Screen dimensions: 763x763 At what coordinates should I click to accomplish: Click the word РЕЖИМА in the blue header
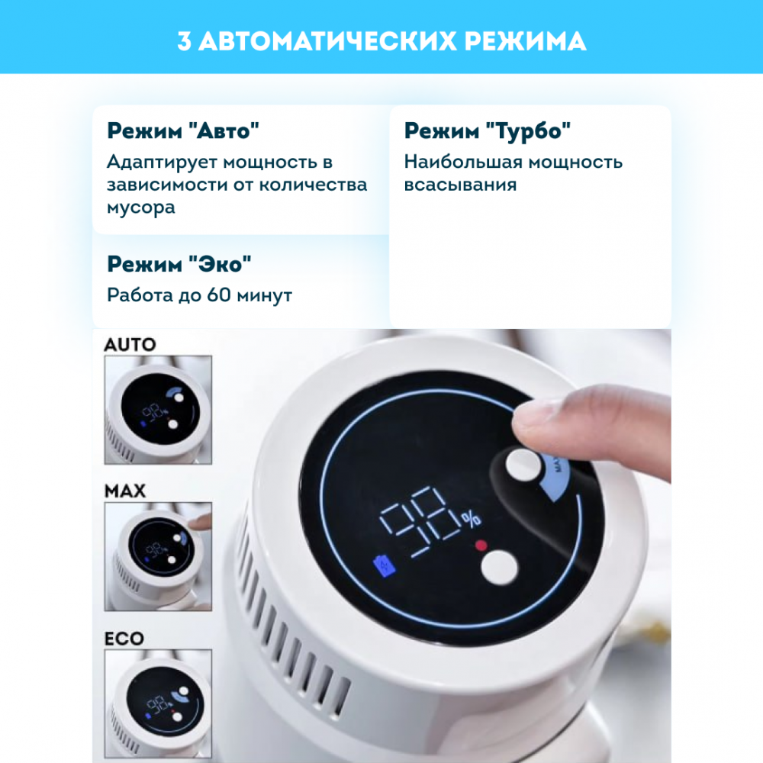[525, 41]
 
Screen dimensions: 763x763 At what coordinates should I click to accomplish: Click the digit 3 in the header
[184, 41]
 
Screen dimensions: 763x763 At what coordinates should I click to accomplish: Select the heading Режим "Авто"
[183, 131]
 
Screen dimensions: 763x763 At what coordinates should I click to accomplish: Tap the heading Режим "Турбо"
[487, 131]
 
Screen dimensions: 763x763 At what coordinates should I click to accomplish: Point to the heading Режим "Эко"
[179, 264]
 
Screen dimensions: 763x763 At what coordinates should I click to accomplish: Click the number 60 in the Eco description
[218, 295]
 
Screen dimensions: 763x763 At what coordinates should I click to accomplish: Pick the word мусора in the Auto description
[140, 208]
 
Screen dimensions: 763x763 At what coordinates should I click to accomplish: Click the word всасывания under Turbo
[460, 185]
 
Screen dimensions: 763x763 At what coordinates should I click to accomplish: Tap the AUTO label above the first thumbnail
[130, 345]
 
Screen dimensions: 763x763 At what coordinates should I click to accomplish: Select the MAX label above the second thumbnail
[125, 491]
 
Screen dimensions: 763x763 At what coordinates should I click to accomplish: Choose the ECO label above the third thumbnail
[124, 639]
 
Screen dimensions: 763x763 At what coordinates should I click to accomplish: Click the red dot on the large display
[481, 545]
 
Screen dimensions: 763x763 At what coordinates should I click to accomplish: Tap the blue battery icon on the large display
[385, 567]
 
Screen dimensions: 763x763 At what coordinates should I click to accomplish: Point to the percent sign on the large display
[472, 519]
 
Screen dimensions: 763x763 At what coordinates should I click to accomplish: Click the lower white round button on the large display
[499, 568]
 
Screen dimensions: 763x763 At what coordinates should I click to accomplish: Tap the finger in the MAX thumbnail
[200, 523]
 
